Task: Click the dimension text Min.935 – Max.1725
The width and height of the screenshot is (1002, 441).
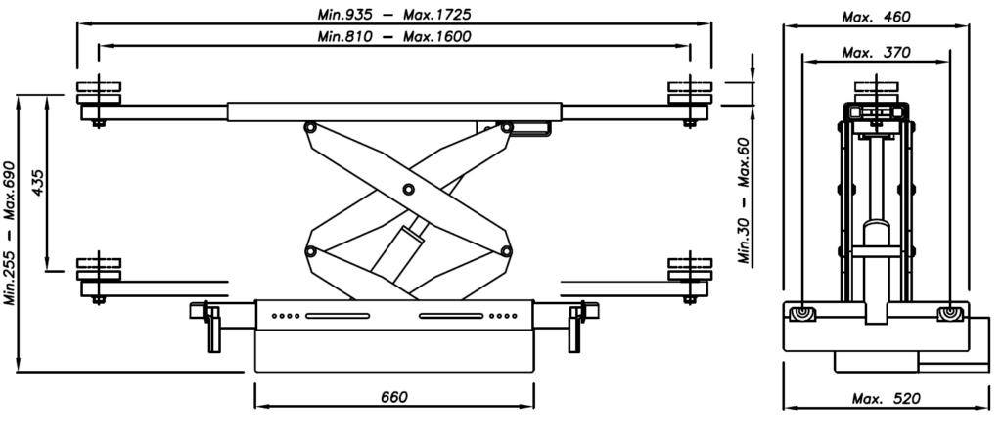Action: (x=394, y=14)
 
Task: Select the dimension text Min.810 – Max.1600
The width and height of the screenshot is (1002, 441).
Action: (x=394, y=36)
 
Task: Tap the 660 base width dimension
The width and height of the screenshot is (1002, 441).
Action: (x=393, y=397)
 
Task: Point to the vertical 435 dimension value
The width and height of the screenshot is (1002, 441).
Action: (x=38, y=183)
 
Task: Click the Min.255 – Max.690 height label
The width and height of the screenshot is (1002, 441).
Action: (x=10, y=234)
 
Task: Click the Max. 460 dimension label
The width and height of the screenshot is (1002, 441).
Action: (x=876, y=17)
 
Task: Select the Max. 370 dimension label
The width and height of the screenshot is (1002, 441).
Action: (x=876, y=53)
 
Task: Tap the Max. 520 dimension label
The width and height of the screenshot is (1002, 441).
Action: (x=887, y=399)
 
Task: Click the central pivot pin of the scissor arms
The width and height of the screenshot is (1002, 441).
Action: (x=408, y=189)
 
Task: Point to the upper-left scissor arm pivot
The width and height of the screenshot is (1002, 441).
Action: (x=310, y=128)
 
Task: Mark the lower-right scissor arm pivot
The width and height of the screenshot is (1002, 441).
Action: (x=506, y=251)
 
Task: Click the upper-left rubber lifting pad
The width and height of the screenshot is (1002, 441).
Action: (x=99, y=93)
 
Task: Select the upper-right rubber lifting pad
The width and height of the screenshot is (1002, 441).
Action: (x=690, y=93)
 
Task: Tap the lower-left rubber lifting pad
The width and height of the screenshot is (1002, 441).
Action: (x=99, y=269)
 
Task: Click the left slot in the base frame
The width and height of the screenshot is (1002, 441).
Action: (x=338, y=316)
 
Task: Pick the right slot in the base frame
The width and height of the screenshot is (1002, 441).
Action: (x=451, y=316)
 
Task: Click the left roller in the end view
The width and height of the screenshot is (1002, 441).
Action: (x=802, y=314)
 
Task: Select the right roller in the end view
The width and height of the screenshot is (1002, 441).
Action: (x=949, y=314)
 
